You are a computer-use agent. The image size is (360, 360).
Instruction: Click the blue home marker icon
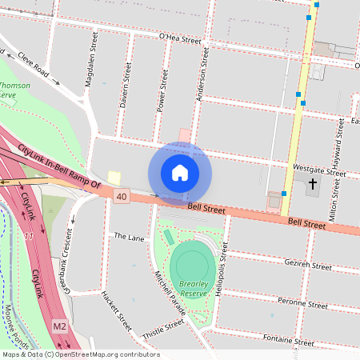click(180, 173)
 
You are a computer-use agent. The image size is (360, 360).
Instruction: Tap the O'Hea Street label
click(180, 39)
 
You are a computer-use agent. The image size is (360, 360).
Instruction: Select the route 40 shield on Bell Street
click(122, 196)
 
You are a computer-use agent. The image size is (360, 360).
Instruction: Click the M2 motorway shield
click(60, 326)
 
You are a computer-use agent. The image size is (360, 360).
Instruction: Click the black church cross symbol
click(312, 185)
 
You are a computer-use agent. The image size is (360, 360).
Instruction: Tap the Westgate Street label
click(319, 170)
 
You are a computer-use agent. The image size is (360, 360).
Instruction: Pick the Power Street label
click(163, 89)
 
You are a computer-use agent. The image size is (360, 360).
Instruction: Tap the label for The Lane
click(129, 237)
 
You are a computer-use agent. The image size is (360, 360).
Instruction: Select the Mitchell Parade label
click(170, 291)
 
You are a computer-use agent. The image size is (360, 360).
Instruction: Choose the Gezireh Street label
click(307, 265)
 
